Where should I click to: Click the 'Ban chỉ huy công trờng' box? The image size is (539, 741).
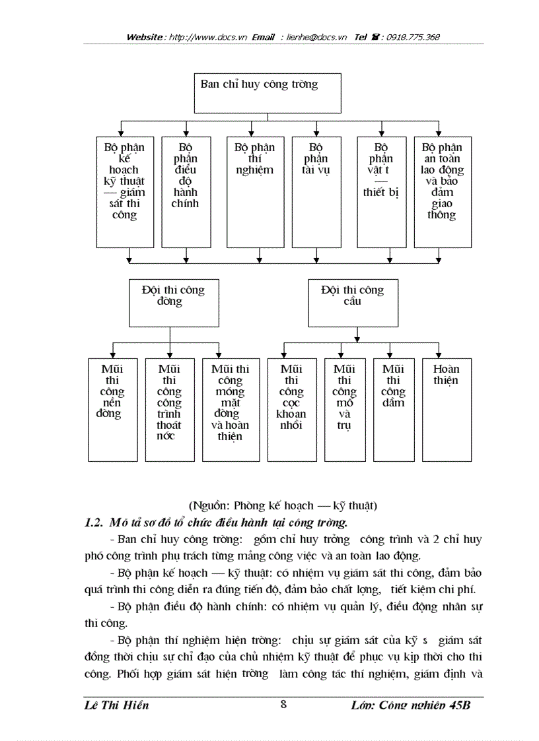pyautogui.click(x=267, y=93)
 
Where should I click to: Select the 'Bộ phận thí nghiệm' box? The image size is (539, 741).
pyautogui.click(x=255, y=191)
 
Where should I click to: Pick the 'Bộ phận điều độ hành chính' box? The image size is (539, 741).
pyautogui.click(x=186, y=191)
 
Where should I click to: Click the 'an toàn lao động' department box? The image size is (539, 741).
pyautogui.click(x=442, y=191)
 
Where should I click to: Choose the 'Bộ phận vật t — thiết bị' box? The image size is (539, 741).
pyautogui.click(x=381, y=191)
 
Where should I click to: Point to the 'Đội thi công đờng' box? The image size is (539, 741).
pyautogui.click(x=173, y=303)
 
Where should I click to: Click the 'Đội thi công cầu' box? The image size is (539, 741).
pyautogui.click(x=353, y=303)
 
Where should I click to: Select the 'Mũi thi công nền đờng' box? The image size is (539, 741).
pyautogui.click(x=112, y=409)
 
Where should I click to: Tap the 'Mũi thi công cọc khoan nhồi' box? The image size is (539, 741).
pyautogui.click(x=291, y=409)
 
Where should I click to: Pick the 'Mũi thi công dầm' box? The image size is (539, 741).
pyautogui.click(x=393, y=409)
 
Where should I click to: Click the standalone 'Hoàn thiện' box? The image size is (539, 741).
pyautogui.click(x=447, y=409)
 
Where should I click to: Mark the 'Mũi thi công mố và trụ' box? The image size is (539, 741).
pyautogui.click(x=345, y=409)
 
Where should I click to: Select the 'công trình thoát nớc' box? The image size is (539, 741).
pyautogui.click(x=169, y=409)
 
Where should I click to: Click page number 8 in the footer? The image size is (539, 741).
pyautogui.click(x=283, y=703)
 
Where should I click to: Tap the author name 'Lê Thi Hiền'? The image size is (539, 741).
pyautogui.click(x=117, y=705)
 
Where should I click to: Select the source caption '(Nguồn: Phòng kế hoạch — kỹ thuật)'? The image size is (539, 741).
pyautogui.click(x=283, y=506)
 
